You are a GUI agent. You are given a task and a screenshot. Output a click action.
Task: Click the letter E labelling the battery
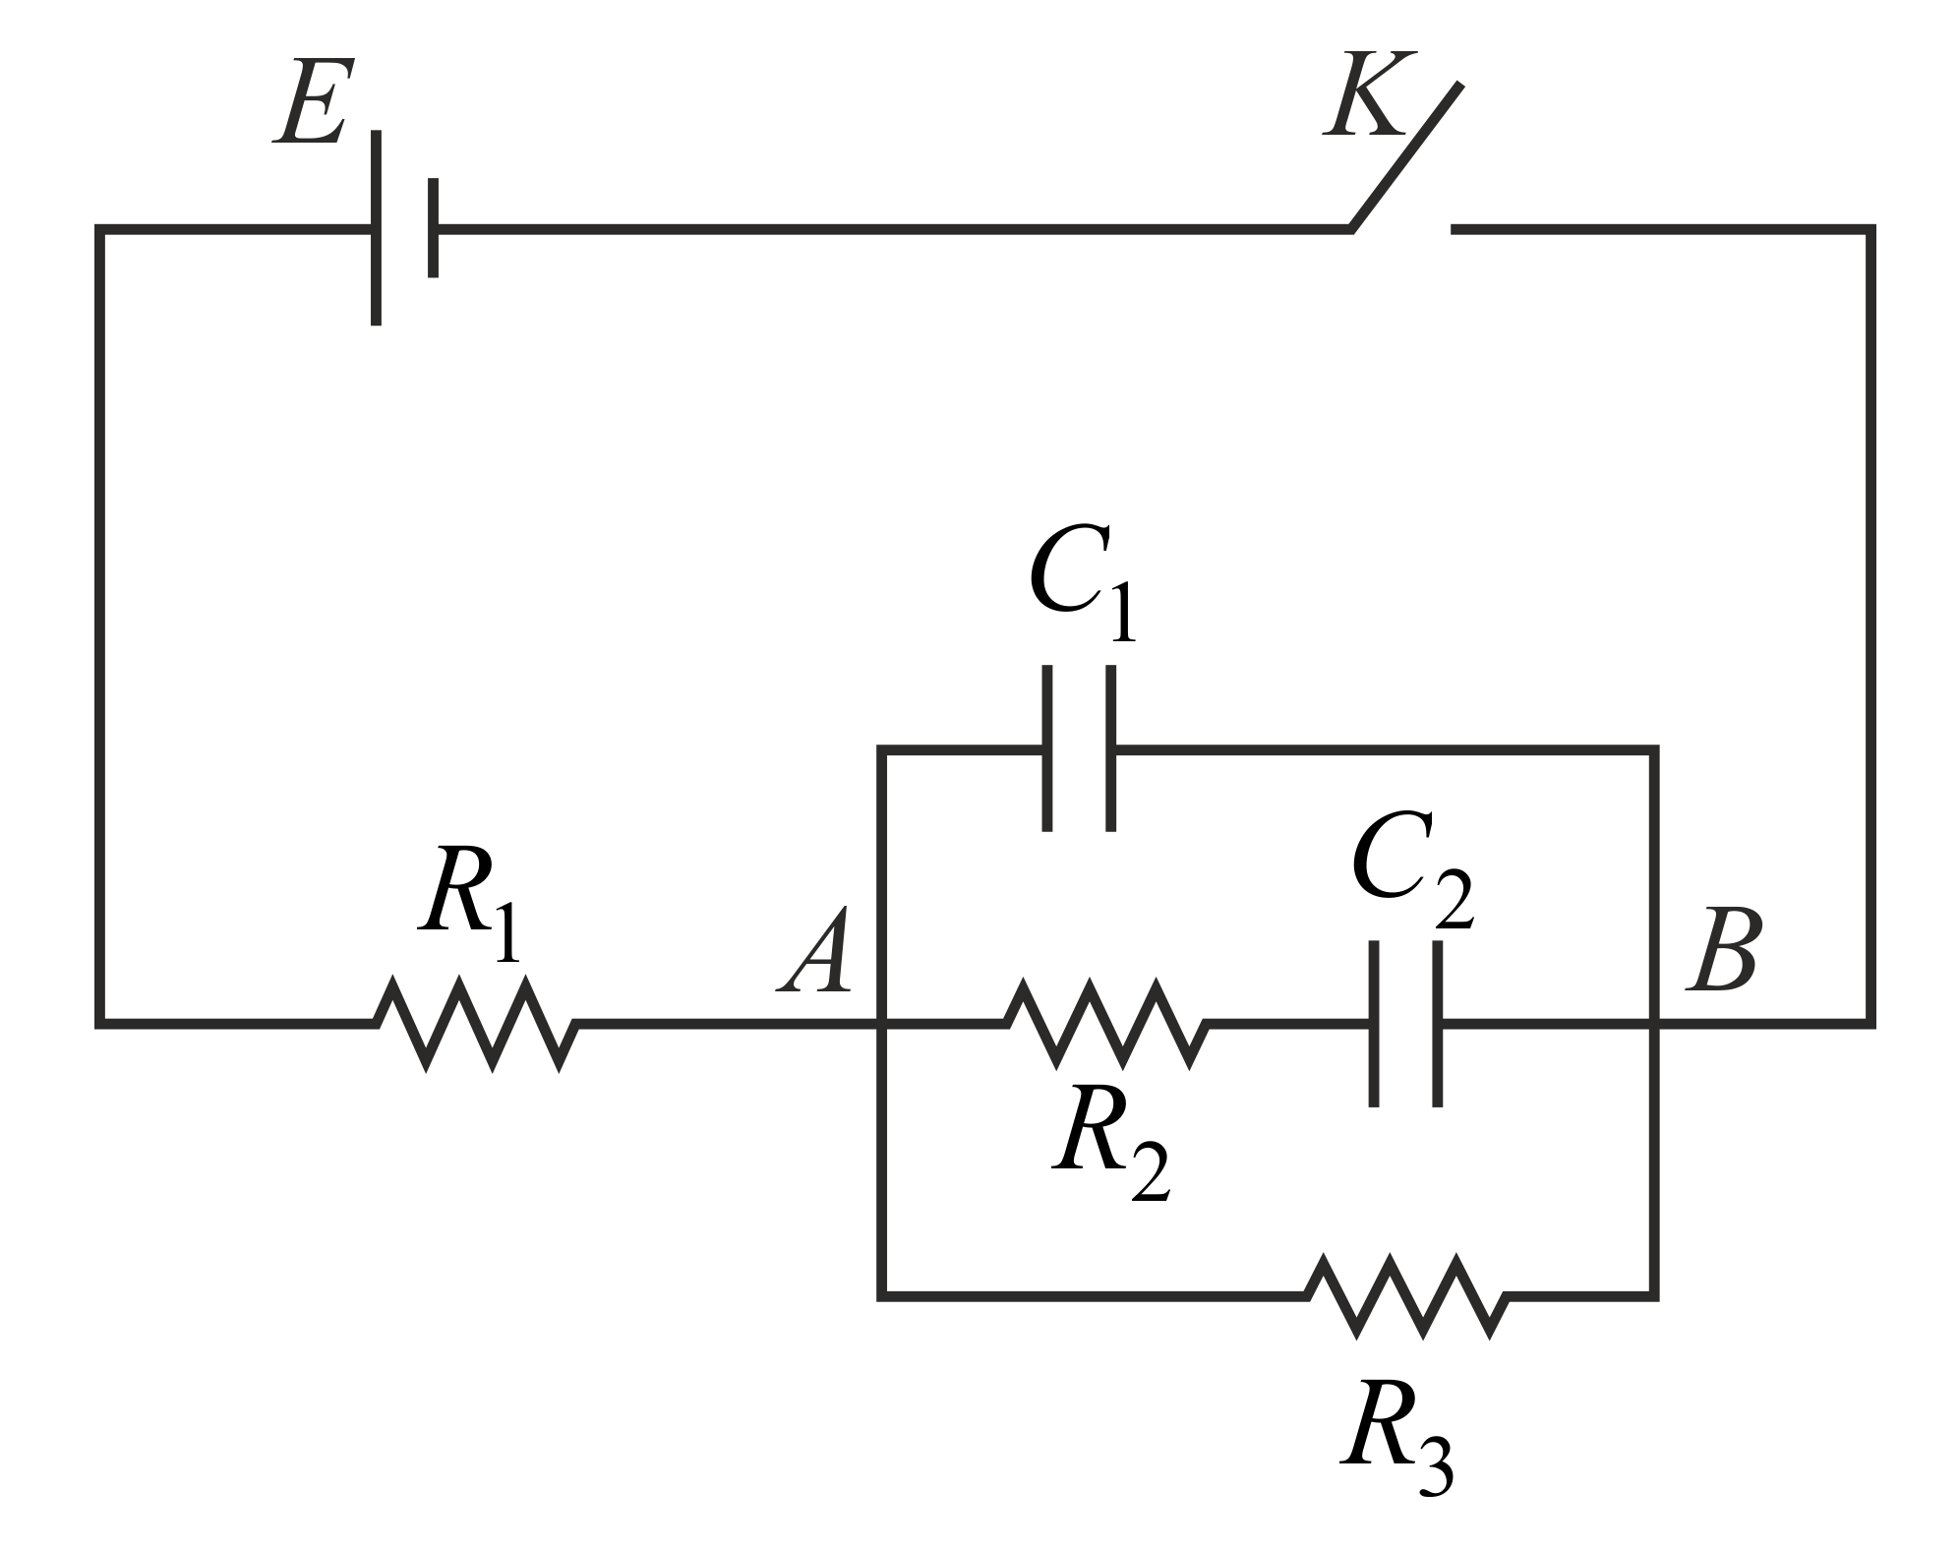[x=311, y=104]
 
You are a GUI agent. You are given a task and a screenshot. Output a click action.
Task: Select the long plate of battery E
[x=376, y=228]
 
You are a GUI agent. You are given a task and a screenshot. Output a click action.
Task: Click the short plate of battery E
[x=433, y=228]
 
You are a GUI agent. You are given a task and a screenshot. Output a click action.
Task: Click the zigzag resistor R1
[x=476, y=1024]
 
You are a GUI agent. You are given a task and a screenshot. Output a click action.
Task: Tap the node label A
[x=816, y=951]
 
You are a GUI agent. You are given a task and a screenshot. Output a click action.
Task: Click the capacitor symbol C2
[x=1405, y=1024]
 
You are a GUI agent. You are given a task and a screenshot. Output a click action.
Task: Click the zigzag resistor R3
[x=1407, y=1295]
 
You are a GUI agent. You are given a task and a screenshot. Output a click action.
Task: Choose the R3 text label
[x=1396, y=1438]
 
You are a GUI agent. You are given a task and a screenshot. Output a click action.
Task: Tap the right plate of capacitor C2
[x=1437, y=1024]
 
